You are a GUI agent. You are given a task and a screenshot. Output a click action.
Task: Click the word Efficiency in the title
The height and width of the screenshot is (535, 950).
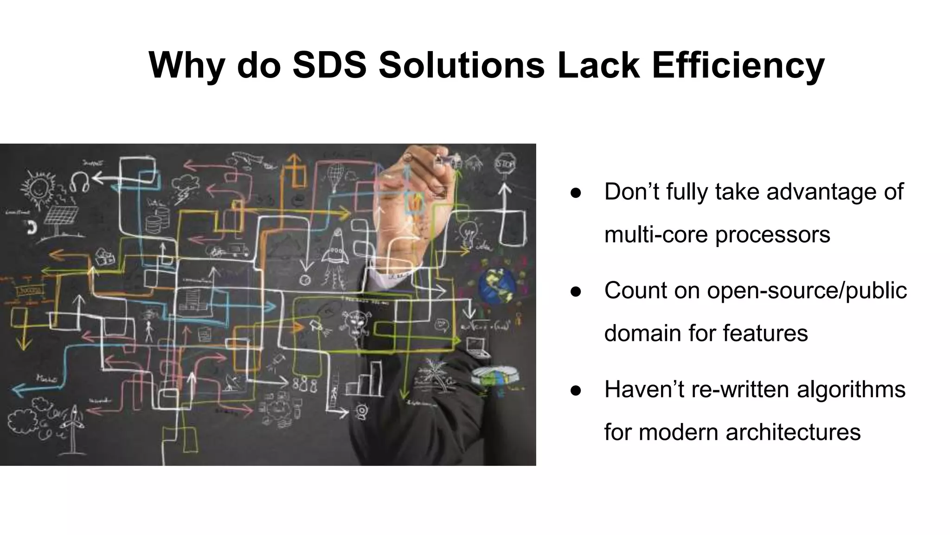738,65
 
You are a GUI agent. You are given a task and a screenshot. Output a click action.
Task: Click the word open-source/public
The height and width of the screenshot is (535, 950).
807,291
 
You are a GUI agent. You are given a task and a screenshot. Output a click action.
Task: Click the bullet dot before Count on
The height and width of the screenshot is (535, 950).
576,292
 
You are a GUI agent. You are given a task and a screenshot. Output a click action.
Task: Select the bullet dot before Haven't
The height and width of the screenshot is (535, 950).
576,391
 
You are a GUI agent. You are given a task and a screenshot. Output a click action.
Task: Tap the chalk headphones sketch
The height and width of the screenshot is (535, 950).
79,182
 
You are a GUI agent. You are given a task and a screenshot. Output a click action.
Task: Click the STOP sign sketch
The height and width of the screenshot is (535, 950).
505,164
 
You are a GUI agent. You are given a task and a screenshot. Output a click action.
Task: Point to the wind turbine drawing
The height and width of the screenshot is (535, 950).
73,427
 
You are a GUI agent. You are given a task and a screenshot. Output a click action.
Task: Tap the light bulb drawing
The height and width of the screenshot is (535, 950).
468,232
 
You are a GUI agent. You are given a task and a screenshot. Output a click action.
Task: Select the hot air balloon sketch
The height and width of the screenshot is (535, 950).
335,177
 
